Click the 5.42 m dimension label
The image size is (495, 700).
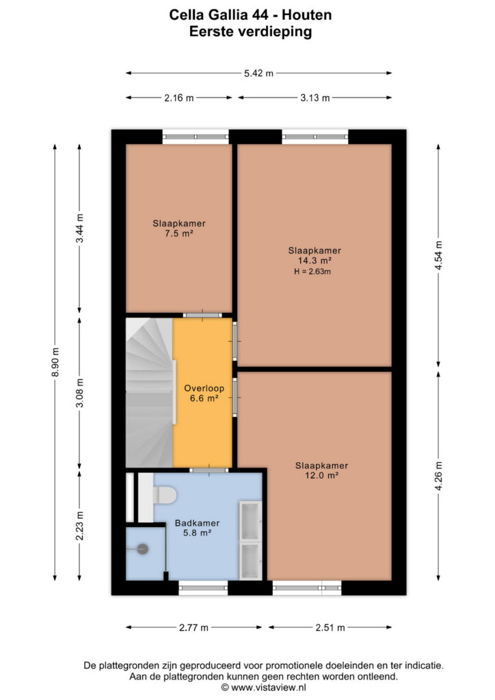point(258,73)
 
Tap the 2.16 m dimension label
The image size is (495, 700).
point(179,98)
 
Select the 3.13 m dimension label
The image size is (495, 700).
point(315,98)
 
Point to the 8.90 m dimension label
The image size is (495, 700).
point(55,362)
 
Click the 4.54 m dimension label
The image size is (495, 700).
point(438,255)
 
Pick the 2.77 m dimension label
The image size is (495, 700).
point(193,628)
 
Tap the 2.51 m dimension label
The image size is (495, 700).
point(330,628)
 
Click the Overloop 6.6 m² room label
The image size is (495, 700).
point(204,393)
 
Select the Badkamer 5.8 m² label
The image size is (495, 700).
point(197,528)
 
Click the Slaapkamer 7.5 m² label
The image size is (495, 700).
point(179,228)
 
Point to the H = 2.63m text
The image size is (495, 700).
point(312,271)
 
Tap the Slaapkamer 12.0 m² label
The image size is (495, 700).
point(321,470)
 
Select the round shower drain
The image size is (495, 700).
point(142,549)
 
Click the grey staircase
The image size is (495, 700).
point(149,393)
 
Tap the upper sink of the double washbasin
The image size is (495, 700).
point(250,521)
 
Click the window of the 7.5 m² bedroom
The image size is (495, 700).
point(196,137)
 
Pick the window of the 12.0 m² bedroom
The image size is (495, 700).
point(307,588)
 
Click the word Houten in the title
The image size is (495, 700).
point(307,15)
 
